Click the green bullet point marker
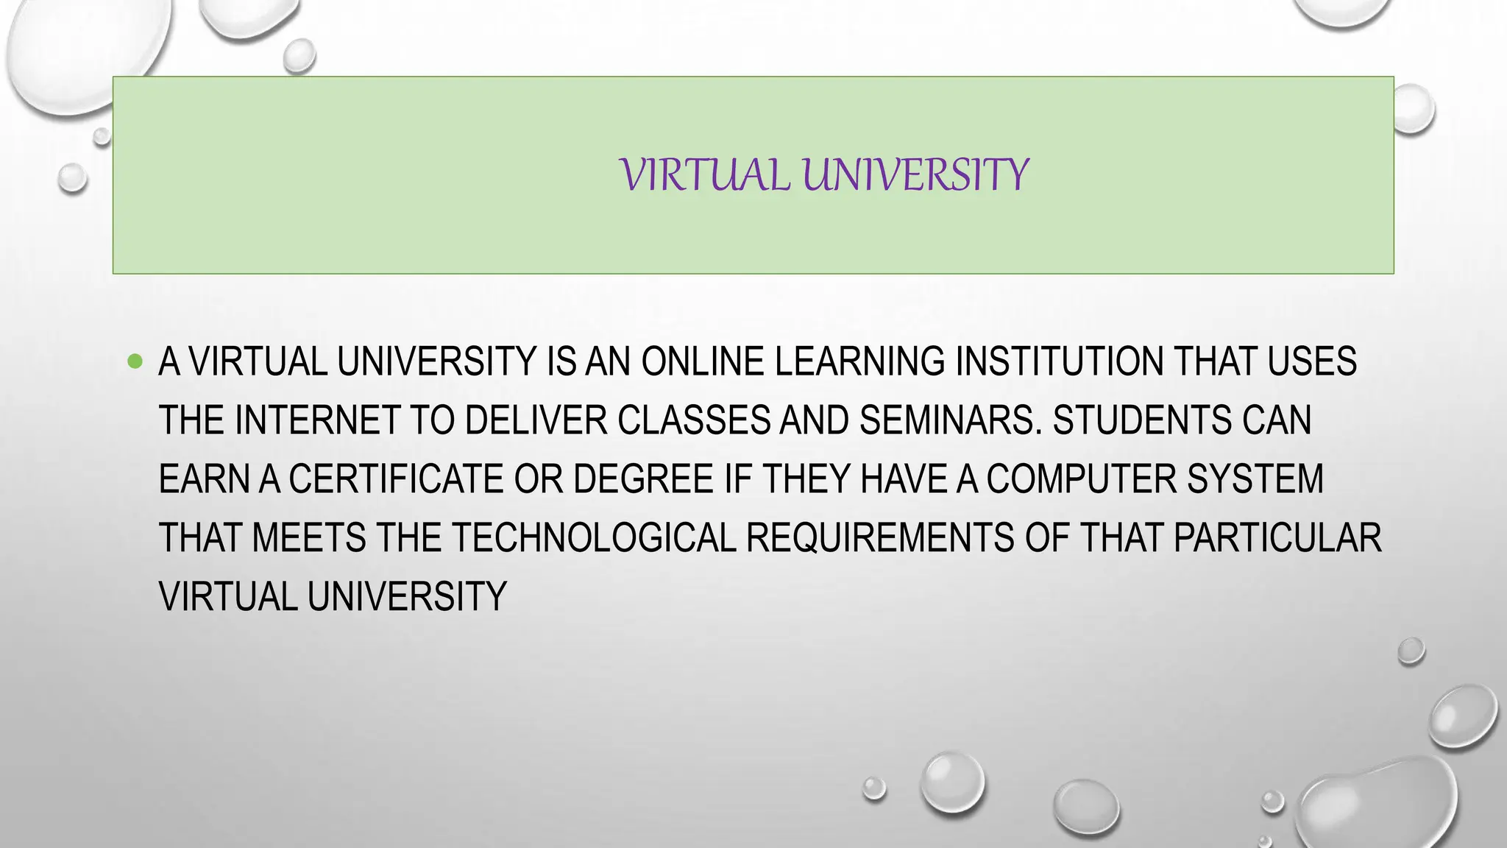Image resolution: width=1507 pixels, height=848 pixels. click(135, 361)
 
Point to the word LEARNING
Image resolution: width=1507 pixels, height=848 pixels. click(859, 361)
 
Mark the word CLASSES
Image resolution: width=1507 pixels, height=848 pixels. click(693, 420)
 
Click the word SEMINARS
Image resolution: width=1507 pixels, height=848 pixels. click(951, 420)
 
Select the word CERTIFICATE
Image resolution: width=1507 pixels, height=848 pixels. click(396, 479)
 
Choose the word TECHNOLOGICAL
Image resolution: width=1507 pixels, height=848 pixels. click(594, 538)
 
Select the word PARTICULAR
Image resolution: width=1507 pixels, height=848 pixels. click(1277, 538)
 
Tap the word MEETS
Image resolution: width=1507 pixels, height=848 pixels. click(309, 538)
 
